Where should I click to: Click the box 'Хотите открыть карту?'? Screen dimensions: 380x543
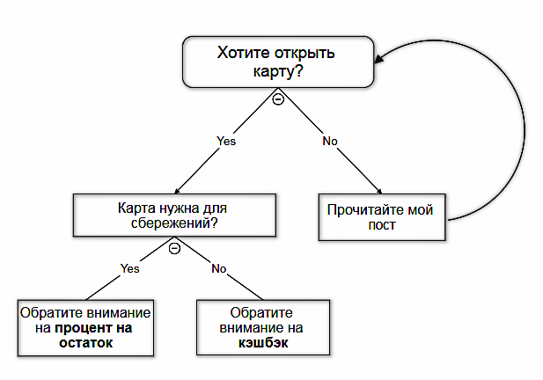(x=275, y=62)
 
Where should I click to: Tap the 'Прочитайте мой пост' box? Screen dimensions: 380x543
(x=382, y=216)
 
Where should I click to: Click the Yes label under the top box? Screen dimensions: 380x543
(x=226, y=140)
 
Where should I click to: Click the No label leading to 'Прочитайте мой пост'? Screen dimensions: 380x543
(x=330, y=140)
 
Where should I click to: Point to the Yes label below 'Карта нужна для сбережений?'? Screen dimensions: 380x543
(x=129, y=268)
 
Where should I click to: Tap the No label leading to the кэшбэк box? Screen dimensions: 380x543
(x=219, y=268)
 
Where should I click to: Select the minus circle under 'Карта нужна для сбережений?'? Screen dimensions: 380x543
(x=174, y=249)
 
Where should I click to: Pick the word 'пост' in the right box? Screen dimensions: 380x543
(x=382, y=225)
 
